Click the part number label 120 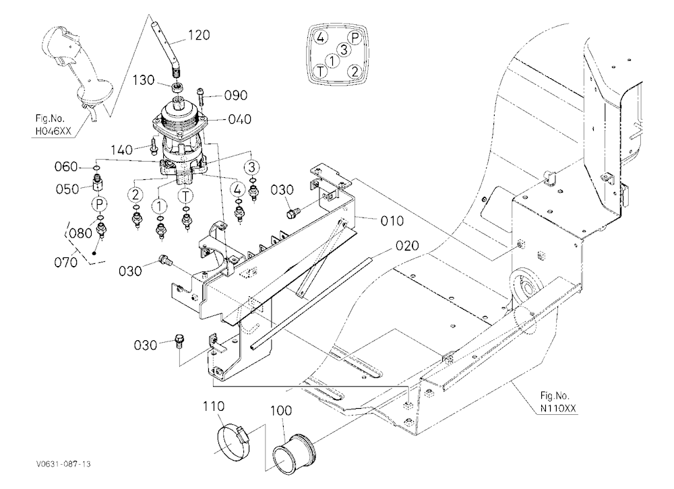click(x=199, y=35)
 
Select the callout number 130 click(x=143, y=80)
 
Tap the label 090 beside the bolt click(x=236, y=95)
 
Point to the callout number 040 click(x=239, y=119)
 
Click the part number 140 click(x=121, y=150)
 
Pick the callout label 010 click(x=392, y=221)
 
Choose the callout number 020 click(x=407, y=246)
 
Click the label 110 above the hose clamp click(x=214, y=406)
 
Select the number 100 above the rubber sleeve click(x=280, y=411)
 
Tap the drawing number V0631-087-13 click(x=63, y=464)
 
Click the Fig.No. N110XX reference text click(x=558, y=401)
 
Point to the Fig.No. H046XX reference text click(x=53, y=125)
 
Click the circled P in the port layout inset click(x=355, y=38)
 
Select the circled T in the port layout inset click(x=320, y=71)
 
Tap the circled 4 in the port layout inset click(x=320, y=38)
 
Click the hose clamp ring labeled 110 click(x=233, y=438)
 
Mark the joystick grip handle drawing click(x=78, y=73)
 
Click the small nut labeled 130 click(x=178, y=88)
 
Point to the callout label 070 click(x=66, y=262)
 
